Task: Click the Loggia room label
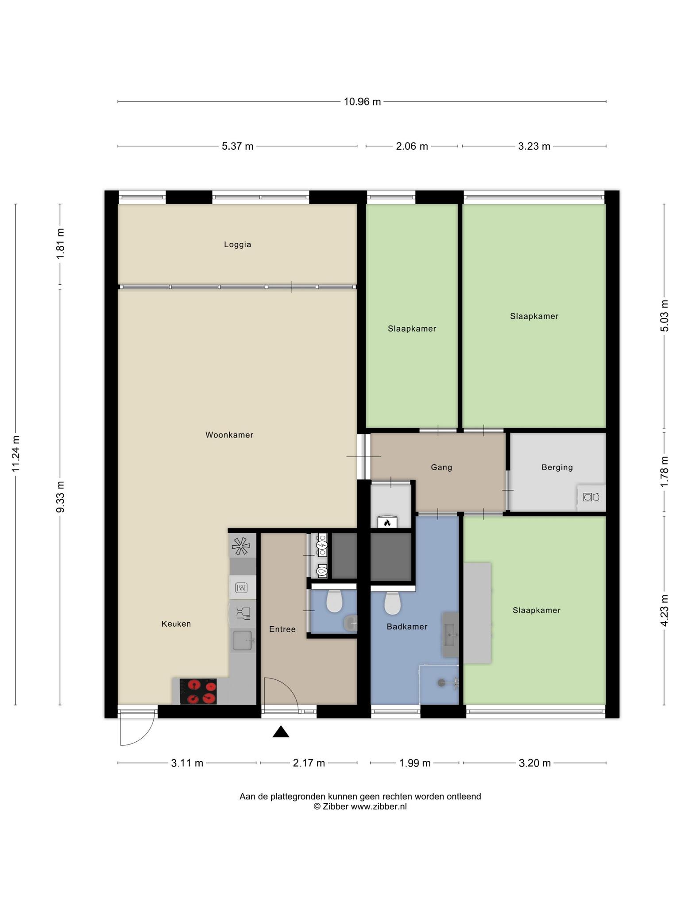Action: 237,244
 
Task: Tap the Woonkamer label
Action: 229,435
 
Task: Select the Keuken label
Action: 176,624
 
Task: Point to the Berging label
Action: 557,467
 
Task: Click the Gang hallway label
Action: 441,467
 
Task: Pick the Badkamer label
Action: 407,627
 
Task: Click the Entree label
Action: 282,629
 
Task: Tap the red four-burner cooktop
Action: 198,691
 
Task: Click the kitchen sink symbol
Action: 243,640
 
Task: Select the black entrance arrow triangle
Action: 281,732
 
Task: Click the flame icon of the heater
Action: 387,523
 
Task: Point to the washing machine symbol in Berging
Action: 591,497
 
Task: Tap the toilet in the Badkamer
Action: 392,603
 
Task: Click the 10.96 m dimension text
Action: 363,102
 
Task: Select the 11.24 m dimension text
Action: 16,453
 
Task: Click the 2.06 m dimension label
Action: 412,146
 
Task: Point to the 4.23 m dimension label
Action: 664,611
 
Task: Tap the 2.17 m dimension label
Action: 309,763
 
